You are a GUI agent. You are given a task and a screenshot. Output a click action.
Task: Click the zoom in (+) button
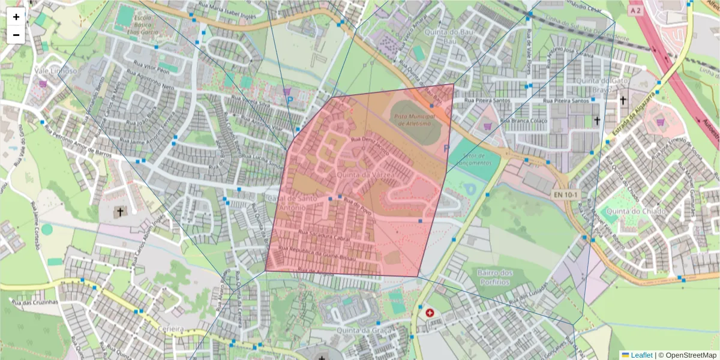tap(16, 17)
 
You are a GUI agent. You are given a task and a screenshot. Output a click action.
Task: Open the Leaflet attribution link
tap(641, 355)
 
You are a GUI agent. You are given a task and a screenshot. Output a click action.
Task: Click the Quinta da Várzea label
tap(365, 175)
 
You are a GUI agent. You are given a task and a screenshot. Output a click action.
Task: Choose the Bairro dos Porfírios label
tap(495, 277)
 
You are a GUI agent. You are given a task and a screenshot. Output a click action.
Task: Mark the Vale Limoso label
tap(56, 71)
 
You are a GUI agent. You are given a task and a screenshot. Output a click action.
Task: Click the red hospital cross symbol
tap(430, 313)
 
